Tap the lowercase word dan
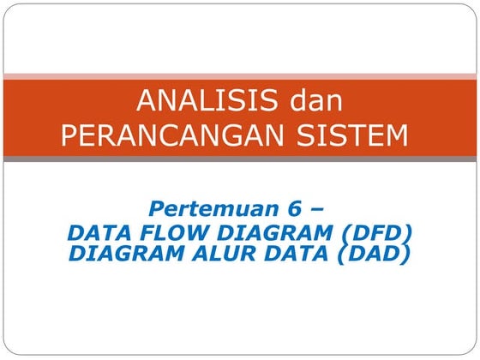315,101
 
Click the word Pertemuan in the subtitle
202,208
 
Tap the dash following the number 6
316,209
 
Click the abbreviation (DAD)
369,254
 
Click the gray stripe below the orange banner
240,159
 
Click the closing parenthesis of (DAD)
405,254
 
